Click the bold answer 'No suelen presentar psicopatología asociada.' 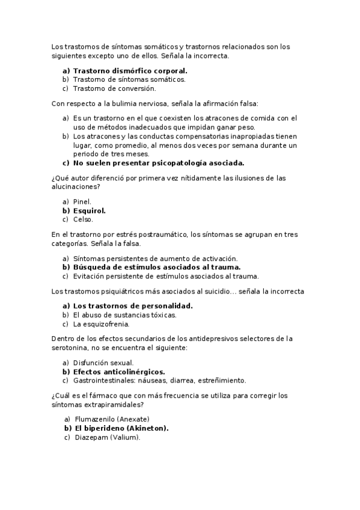[x=159, y=162]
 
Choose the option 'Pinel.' [x=82, y=201]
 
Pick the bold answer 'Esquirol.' [x=89, y=210]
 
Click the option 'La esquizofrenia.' [x=101, y=324]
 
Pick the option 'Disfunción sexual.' [x=103, y=363]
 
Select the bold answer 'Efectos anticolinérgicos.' [x=119, y=372]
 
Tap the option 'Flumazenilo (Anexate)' [x=112, y=419]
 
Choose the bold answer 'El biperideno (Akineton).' [x=121, y=428]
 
